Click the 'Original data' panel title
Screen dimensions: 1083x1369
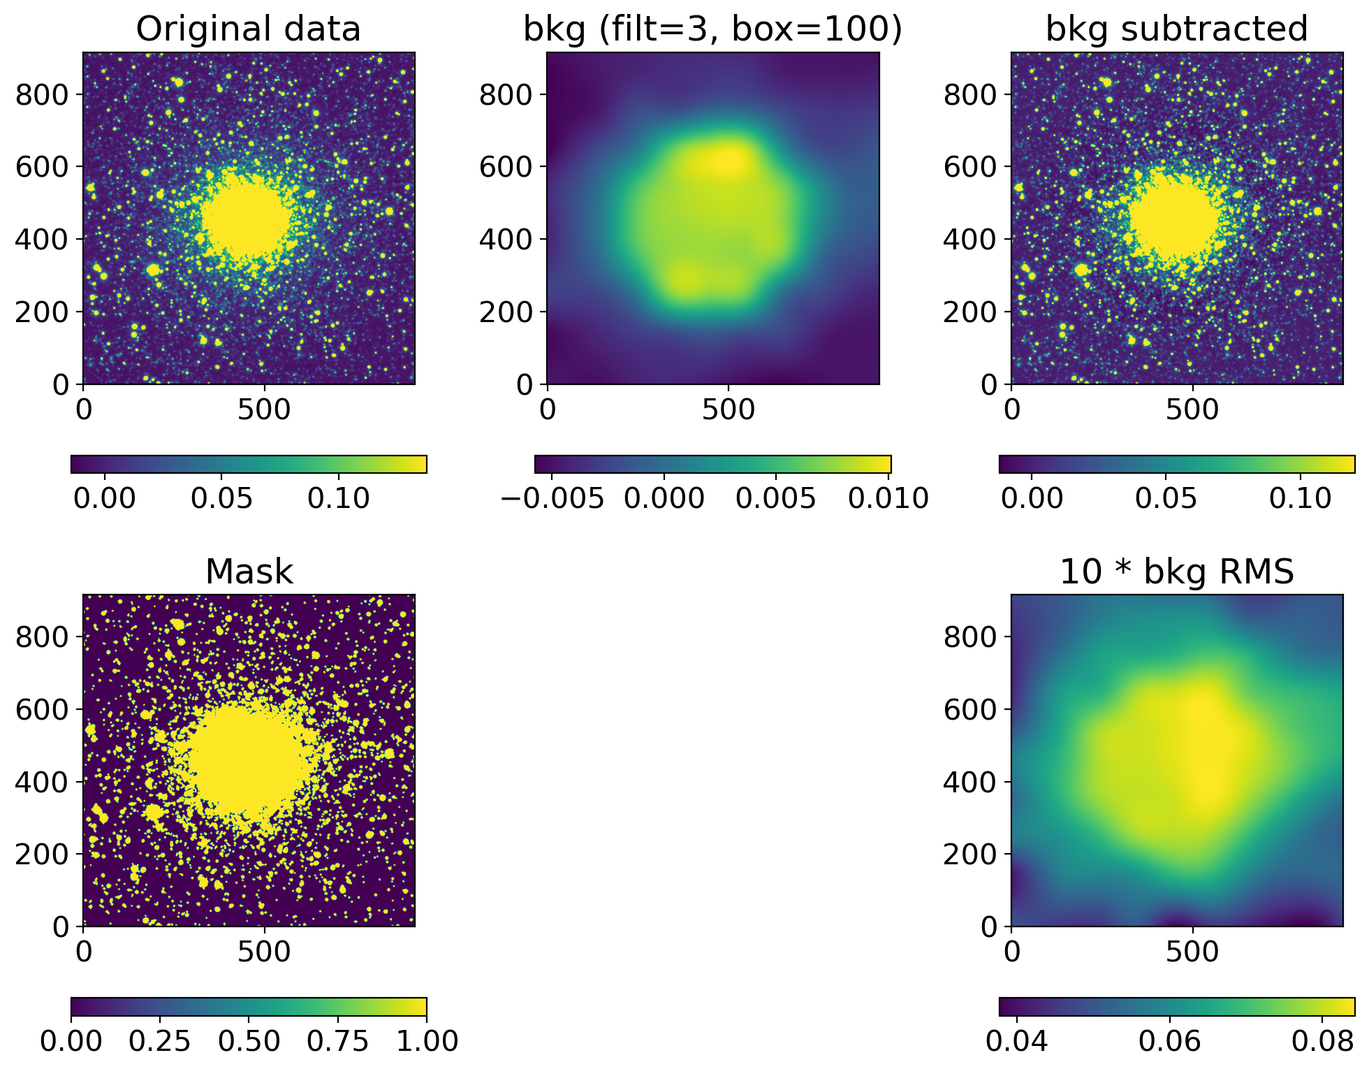248,29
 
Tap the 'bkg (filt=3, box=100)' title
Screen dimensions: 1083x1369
712,29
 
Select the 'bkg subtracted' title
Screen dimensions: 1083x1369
1176,29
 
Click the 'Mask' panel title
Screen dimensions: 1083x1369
249,572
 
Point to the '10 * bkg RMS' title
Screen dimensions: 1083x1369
1176,572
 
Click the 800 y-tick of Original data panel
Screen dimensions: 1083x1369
42,94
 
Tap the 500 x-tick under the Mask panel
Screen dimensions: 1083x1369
264,952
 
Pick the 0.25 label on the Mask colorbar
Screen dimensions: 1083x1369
160,1041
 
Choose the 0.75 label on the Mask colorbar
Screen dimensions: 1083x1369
338,1041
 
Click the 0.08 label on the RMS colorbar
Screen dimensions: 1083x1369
1322,1041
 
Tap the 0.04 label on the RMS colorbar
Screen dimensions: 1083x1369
1016,1041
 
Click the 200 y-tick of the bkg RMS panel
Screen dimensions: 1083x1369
970,854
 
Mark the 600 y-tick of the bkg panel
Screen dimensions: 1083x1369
506,167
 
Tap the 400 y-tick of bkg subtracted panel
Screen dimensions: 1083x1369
970,240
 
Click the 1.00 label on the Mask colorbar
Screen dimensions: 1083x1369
427,1041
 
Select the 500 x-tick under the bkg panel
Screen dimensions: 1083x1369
729,409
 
